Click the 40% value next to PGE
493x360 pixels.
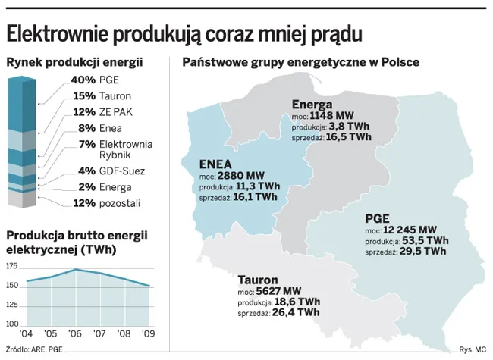83,80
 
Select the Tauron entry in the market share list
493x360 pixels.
115,96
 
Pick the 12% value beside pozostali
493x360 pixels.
83,203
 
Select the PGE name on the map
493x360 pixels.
377,218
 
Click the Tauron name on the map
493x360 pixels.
258,279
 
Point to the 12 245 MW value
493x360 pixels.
410,230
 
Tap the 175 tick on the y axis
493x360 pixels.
11,267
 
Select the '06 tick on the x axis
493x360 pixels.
76,334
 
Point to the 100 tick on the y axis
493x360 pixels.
11,324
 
